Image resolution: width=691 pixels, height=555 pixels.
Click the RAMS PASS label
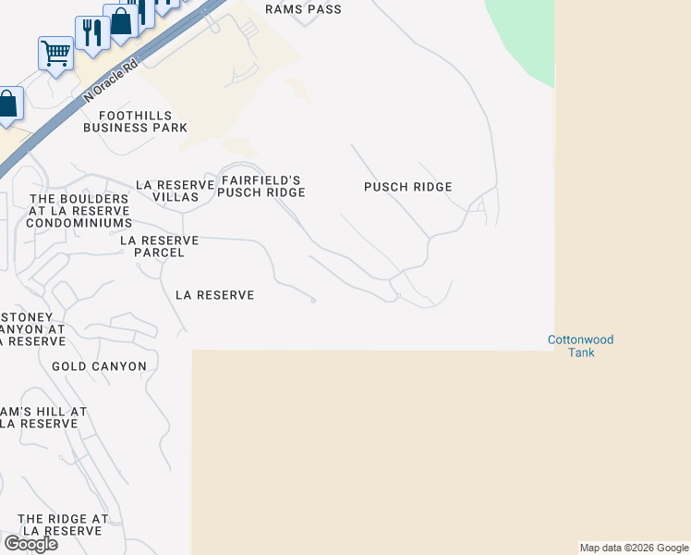coord(303,9)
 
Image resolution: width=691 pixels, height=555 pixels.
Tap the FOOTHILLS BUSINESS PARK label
coord(135,121)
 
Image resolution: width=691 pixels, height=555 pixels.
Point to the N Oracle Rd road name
coord(110,81)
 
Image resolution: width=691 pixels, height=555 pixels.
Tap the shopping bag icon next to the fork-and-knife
coord(120,21)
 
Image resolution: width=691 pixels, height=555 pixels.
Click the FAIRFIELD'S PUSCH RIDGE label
coord(261,186)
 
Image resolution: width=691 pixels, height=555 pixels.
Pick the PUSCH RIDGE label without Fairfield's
coord(407,187)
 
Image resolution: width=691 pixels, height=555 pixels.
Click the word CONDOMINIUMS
coord(79,223)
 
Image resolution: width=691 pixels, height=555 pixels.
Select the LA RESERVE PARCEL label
coord(160,246)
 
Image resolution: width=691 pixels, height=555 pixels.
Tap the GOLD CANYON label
coord(99,366)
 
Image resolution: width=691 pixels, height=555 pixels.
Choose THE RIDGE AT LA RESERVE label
coord(63,525)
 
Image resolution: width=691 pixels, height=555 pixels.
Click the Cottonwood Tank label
coord(580,346)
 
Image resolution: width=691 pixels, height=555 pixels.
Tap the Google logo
coord(30,544)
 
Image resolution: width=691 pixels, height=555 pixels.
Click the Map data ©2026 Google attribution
coord(635,548)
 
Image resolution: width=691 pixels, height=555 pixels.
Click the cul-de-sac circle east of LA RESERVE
coord(314,300)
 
